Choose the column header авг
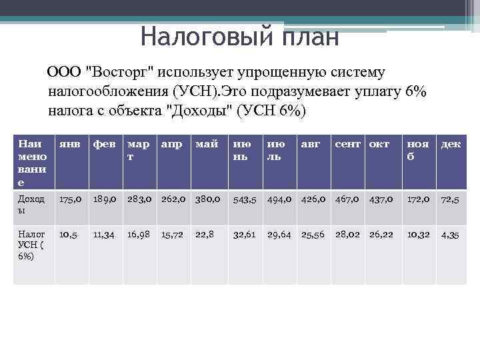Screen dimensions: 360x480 pyautogui.click(x=309, y=143)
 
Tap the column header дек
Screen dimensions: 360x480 pyautogui.click(x=450, y=143)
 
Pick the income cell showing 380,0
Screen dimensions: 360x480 pyautogui.click(x=208, y=199)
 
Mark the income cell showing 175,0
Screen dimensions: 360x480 pyautogui.click(x=71, y=199)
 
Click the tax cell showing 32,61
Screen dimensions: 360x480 pyautogui.click(x=244, y=235)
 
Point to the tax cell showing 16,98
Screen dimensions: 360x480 pyautogui.click(x=139, y=235)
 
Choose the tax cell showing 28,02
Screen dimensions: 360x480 pyautogui.click(x=347, y=235)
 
